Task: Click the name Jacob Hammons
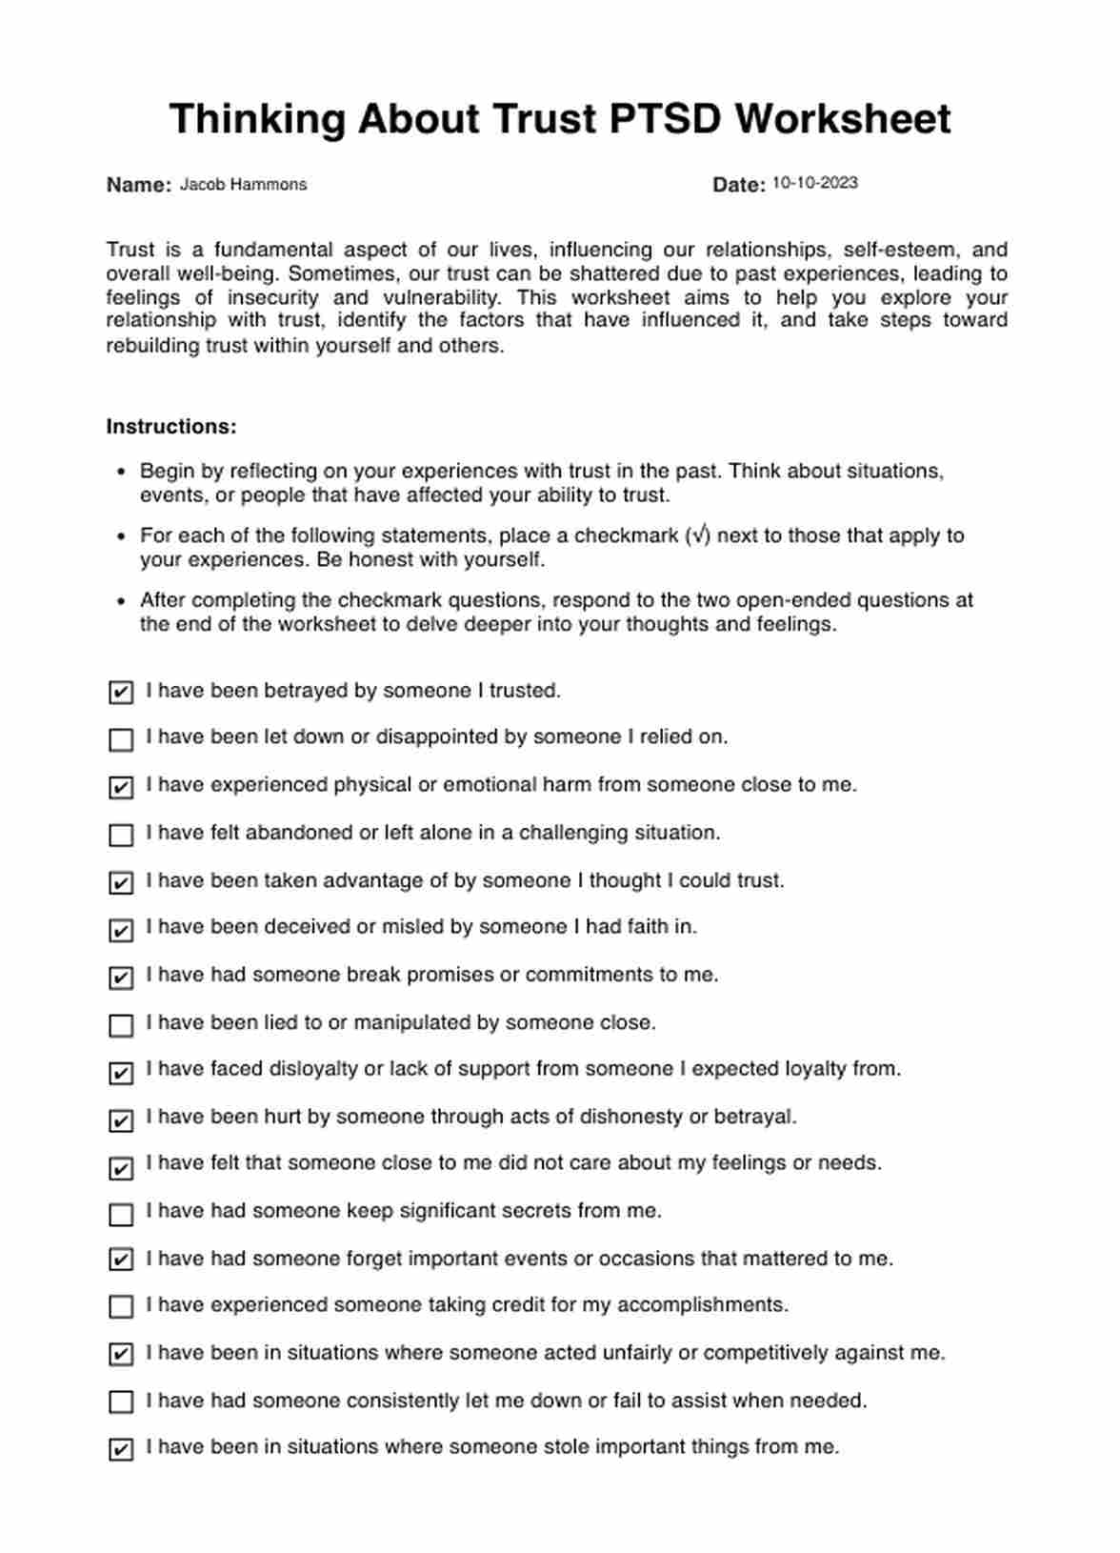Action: click(x=243, y=185)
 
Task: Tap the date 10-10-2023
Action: click(x=814, y=183)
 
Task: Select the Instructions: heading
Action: click(x=171, y=427)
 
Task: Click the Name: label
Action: click(x=138, y=185)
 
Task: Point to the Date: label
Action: click(x=738, y=185)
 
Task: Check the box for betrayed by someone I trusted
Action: click(x=121, y=693)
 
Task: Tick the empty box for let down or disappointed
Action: click(x=121, y=739)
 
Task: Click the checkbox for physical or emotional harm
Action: click(x=121, y=787)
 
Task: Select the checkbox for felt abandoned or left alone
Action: click(x=121, y=835)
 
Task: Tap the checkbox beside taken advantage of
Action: click(x=121, y=882)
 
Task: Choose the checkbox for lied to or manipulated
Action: click(x=121, y=1025)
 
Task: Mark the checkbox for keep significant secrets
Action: click(x=121, y=1214)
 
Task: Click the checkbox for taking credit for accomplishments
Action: click(x=121, y=1306)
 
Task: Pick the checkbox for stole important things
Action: click(x=121, y=1449)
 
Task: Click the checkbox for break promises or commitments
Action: click(x=121, y=978)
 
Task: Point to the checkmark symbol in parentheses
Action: click(x=700, y=535)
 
